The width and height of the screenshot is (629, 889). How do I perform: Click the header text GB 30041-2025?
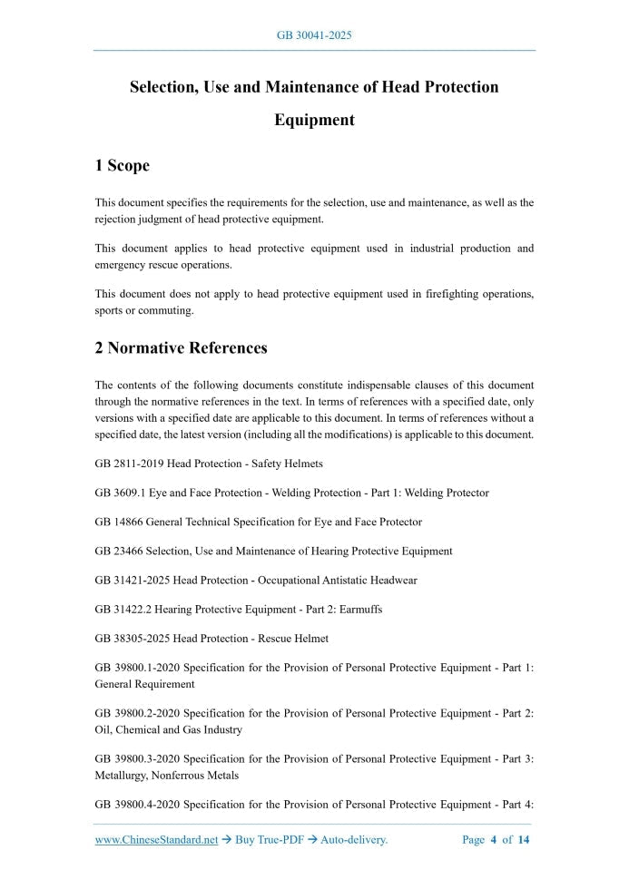(x=314, y=35)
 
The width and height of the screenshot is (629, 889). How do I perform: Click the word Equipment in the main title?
(x=314, y=120)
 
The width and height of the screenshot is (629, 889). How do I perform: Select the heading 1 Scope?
(x=122, y=165)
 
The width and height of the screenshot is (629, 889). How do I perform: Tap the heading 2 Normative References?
(x=181, y=347)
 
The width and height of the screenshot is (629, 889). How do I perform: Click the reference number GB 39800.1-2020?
(x=136, y=668)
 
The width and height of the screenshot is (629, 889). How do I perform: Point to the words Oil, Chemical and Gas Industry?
(x=168, y=729)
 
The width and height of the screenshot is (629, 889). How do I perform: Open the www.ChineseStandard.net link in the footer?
(x=156, y=840)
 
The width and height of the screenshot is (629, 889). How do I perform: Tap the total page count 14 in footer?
(x=524, y=840)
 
